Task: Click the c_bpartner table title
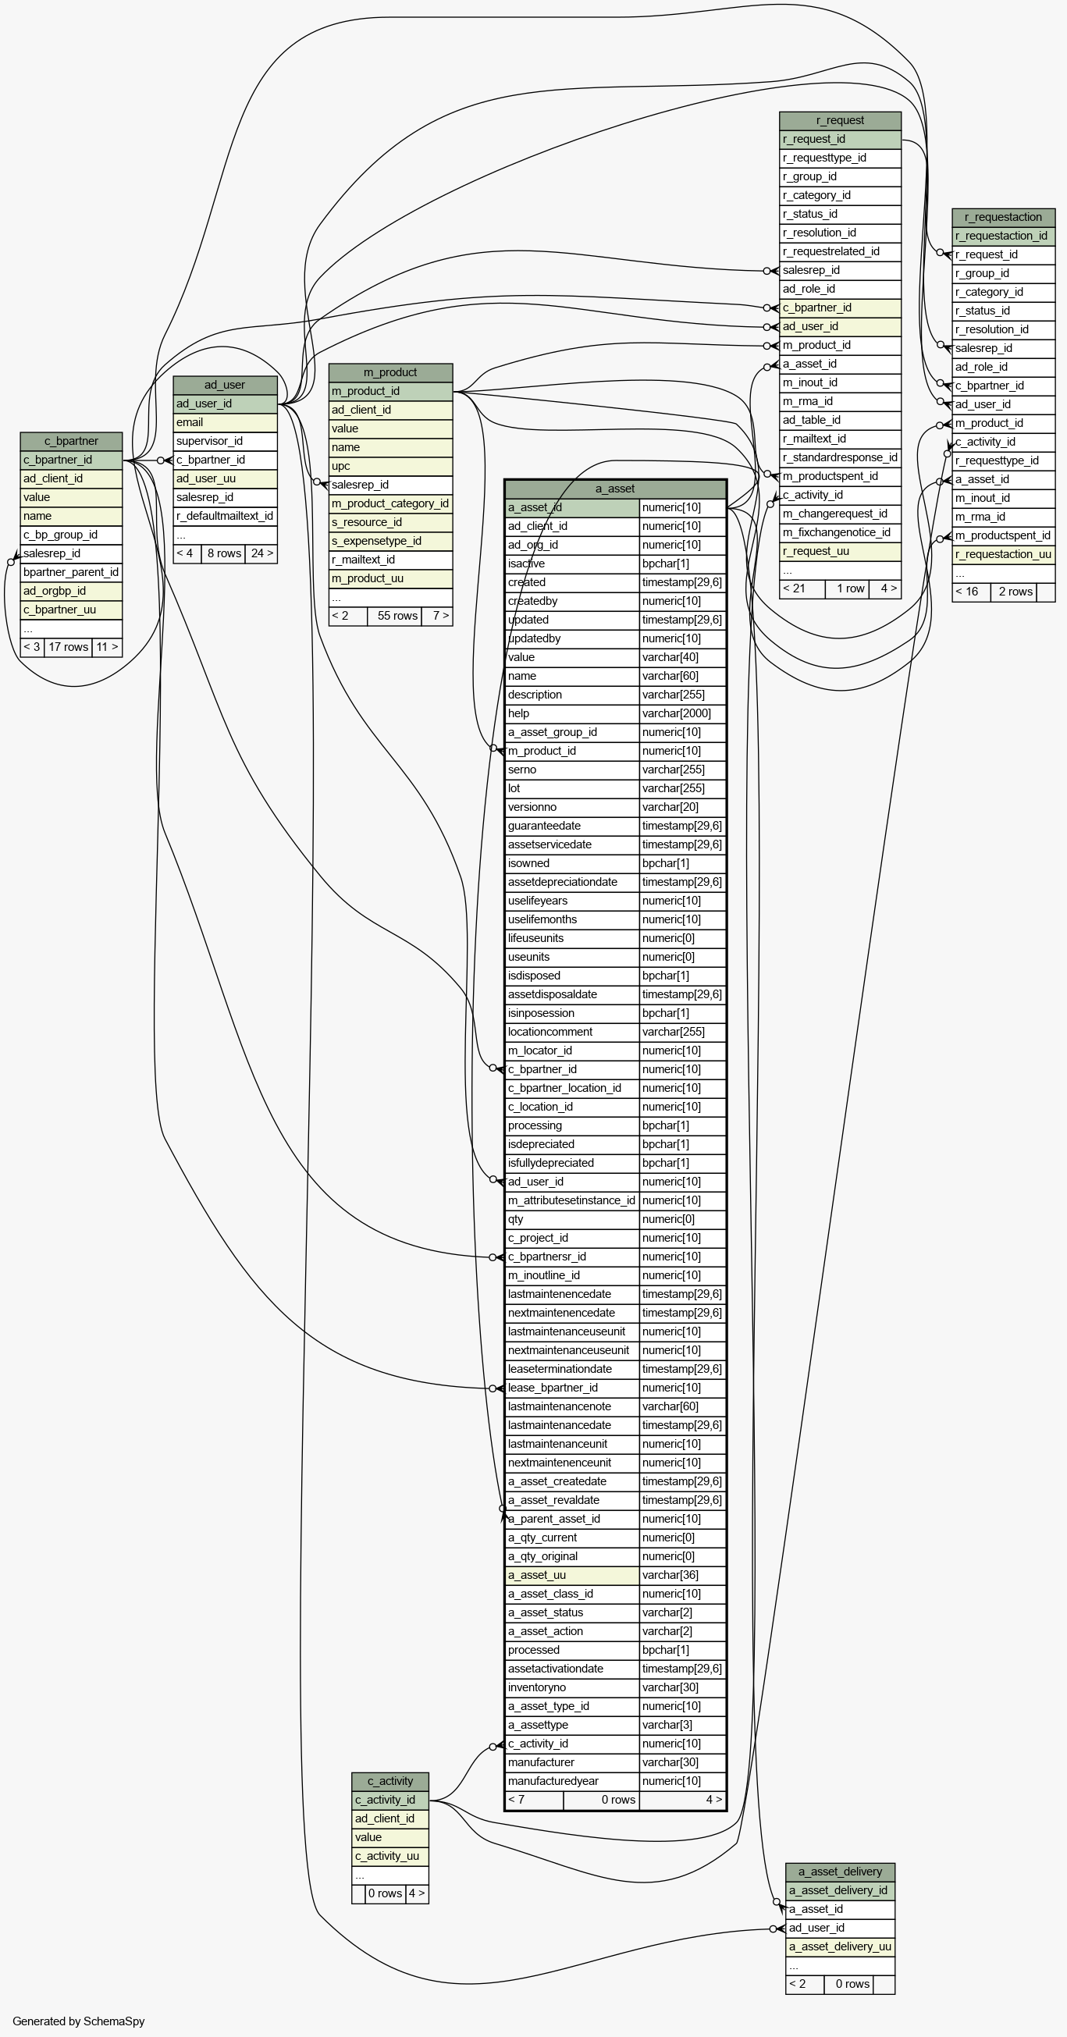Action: [x=71, y=441]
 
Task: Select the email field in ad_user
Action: [x=225, y=422]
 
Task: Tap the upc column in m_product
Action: [x=391, y=466]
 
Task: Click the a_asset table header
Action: [x=615, y=489]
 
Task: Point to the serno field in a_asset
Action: [x=572, y=770]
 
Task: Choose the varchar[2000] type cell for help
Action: [x=683, y=713]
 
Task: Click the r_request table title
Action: [x=840, y=120]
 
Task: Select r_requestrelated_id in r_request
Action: [x=840, y=251]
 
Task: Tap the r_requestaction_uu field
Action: [x=1003, y=554]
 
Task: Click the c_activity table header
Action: [x=390, y=1781]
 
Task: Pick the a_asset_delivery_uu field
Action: [x=840, y=1946]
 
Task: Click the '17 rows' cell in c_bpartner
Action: [x=68, y=647]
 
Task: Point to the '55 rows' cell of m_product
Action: [x=396, y=616]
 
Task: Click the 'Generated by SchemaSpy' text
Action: [x=78, y=2021]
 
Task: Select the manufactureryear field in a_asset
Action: [x=572, y=1781]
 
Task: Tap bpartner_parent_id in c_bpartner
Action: [x=71, y=573]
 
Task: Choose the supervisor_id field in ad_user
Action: [x=225, y=441]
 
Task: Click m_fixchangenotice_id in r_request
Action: [x=840, y=533]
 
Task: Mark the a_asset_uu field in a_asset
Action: [x=572, y=1575]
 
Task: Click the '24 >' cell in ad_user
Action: [x=261, y=553]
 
